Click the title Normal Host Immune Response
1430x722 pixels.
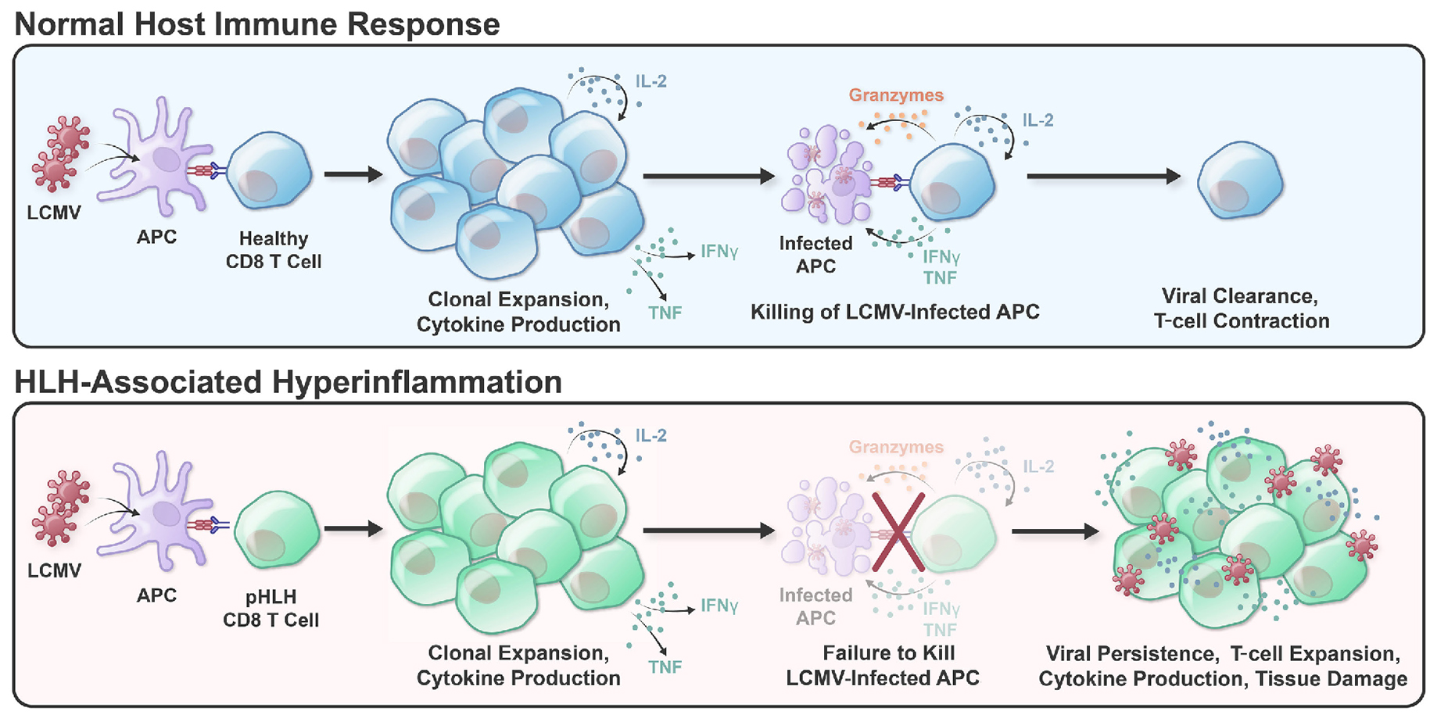257,24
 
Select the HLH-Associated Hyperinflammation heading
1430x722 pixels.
288,382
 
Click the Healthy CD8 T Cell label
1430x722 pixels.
274,250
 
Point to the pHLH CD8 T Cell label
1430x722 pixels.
271,608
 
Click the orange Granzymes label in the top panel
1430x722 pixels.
896,95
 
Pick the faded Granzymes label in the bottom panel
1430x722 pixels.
896,447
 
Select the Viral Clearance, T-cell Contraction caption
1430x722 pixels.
1241,309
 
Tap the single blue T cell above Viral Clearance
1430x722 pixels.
1240,180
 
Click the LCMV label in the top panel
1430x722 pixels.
54,213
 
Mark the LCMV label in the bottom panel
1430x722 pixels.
54,570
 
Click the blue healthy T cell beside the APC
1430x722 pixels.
269,172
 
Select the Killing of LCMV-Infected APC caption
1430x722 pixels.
894,312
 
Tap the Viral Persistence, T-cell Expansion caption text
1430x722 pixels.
1223,666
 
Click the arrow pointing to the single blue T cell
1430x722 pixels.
1102,177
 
